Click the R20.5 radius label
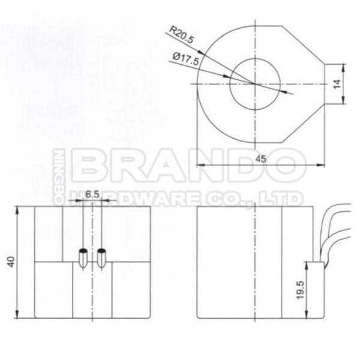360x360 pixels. pos(182,35)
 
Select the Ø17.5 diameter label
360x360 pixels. pos(186,59)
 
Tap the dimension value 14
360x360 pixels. pos(337,84)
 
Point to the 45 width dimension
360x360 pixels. pos(261,159)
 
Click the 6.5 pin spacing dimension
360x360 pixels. pos(92,194)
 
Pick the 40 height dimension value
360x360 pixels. pos(11,262)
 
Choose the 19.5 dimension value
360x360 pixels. pos(300,290)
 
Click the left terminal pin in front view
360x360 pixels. pos(83,258)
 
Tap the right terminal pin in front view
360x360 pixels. pos(101,258)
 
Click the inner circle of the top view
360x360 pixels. pos(230,84)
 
